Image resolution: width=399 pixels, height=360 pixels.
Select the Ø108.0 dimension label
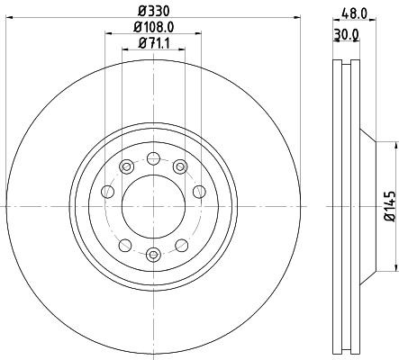tap(154, 27)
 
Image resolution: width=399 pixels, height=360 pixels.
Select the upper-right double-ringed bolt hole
tap(180, 166)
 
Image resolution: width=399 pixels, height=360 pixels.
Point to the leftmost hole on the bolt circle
tap(107, 191)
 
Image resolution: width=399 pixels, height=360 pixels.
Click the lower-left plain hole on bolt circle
tap(124, 245)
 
